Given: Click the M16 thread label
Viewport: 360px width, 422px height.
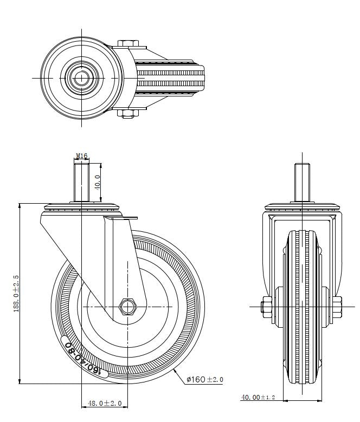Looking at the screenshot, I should (x=82, y=156).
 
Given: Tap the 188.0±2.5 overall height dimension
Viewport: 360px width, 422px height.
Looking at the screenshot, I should (x=16, y=293).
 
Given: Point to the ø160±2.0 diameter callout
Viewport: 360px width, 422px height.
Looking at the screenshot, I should (x=204, y=379).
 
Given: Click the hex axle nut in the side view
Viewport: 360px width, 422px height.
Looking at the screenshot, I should (x=127, y=307).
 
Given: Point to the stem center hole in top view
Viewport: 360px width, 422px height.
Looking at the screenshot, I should (x=81, y=78).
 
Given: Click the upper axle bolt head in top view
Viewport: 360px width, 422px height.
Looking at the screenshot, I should (x=128, y=43).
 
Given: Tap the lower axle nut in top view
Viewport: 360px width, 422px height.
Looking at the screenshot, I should (x=128, y=113).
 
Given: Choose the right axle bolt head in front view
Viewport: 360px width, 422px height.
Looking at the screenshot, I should (x=337, y=306).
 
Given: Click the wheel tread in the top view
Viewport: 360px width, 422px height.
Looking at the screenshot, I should (x=173, y=78).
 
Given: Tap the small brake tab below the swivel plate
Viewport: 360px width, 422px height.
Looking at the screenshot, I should (x=122, y=218).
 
